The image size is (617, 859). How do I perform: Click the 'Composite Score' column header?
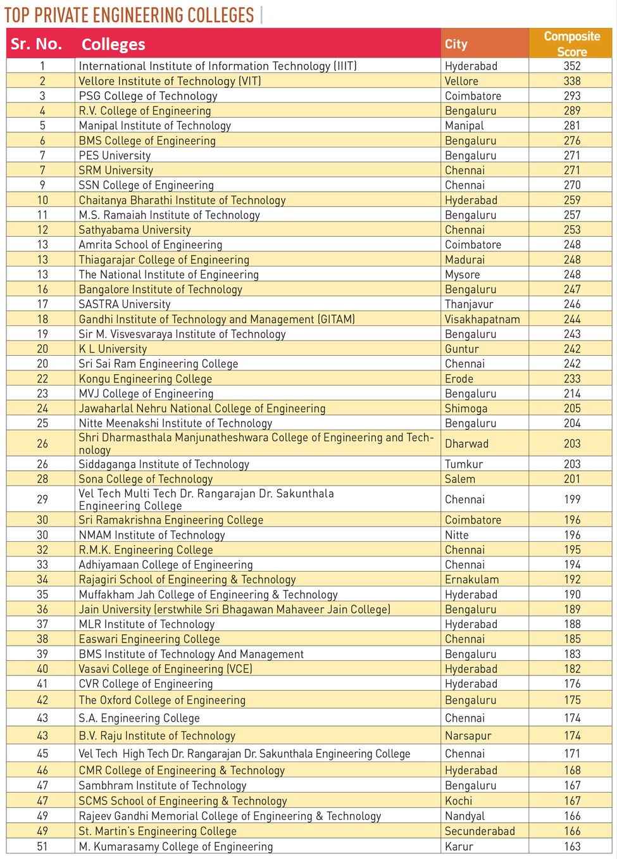[x=571, y=44]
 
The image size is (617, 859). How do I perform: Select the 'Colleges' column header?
[x=113, y=44]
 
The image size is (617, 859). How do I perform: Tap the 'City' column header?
[x=456, y=44]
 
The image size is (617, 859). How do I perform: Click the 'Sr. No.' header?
[x=37, y=44]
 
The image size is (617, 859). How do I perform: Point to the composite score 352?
[x=572, y=66]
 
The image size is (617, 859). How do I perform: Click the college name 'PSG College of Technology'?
[x=148, y=96]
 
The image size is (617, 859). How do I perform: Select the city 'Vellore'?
[x=461, y=81]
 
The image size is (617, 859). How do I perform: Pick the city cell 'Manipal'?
[x=464, y=126]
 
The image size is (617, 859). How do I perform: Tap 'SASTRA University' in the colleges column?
[x=125, y=304]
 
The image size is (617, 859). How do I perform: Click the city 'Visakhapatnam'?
[x=482, y=320]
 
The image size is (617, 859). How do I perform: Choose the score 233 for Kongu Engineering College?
[x=572, y=379]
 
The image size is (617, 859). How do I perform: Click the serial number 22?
[x=42, y=379]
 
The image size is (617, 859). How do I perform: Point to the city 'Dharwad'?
[x=466, y=444]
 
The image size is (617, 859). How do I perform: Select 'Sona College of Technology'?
[x=146, y=479]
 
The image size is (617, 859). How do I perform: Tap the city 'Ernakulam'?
[x=471, y=580]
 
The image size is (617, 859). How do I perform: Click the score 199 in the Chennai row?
[x=572, y=499]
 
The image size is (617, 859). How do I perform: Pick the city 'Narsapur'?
[x=468, y=736]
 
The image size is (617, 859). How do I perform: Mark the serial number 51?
[x=42, y=847]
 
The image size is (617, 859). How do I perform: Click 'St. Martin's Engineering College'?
[x=158, y=832]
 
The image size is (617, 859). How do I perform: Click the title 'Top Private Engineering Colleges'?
[x=129, y=15]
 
